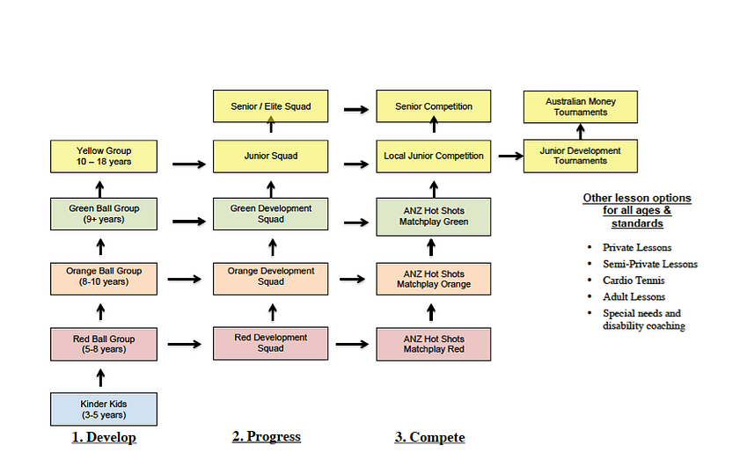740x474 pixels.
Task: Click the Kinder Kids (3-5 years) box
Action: [104, 409]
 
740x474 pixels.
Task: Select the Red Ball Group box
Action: [104, 343]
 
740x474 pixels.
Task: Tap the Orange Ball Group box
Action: [104, 276]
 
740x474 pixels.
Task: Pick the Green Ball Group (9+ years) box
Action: [104, 214]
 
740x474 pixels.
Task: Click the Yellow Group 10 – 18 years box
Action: [104, 156]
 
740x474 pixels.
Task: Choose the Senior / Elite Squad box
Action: [271, 106]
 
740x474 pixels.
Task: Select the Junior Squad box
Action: [271, 156]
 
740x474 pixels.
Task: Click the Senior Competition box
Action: [433, 106]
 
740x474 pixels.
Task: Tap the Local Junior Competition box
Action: [433, 156]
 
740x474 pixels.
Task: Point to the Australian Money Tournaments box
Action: [580, 106]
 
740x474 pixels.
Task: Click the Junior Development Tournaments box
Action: [580, 156]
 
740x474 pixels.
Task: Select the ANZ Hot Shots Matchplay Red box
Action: [433, 343]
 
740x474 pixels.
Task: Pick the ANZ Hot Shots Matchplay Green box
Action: [433, 216]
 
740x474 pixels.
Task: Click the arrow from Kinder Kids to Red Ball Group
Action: [100, 377]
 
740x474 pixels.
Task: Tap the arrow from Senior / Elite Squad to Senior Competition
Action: [355, 109]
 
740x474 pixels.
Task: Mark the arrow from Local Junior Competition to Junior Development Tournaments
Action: [508, 156]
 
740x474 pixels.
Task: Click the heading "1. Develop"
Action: [104, 437]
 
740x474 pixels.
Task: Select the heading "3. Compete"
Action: [429, 437]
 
